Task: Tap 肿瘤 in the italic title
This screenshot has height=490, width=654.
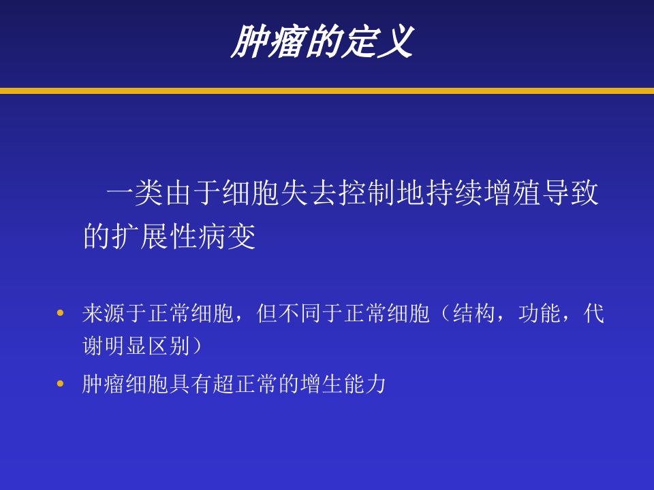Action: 267,41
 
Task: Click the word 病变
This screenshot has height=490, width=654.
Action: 227,236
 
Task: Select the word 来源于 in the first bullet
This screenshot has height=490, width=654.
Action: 115,313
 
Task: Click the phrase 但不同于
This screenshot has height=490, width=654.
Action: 300,313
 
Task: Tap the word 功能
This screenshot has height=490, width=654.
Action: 540,313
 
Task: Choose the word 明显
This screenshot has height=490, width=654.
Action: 126,346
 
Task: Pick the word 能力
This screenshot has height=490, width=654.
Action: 365,384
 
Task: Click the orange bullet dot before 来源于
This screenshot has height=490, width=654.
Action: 61,312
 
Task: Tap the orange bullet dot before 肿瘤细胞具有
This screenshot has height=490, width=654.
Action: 61,383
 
